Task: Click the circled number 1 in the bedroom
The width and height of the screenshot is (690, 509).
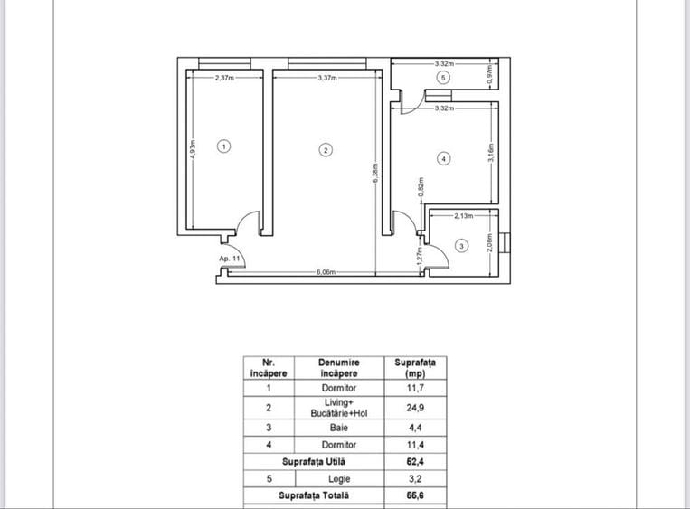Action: click(225, 145)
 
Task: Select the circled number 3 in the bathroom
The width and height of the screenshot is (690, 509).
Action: click(461, 246)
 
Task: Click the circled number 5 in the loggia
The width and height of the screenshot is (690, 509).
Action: click(442, 79)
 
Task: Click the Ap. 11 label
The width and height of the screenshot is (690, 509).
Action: click(230, 259)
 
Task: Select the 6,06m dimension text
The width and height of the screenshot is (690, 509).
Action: click(326, 271)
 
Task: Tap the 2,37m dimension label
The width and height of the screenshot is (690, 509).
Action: click(225, 79)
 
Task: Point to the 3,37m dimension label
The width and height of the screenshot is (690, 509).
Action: click(327, 79)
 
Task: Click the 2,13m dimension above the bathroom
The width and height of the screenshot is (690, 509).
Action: click(464, 216)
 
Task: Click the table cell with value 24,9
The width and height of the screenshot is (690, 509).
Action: click(415, 408)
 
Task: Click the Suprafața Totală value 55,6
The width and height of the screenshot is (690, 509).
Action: click(415, 495)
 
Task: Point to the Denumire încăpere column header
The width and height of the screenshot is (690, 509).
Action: click(338, 367)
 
